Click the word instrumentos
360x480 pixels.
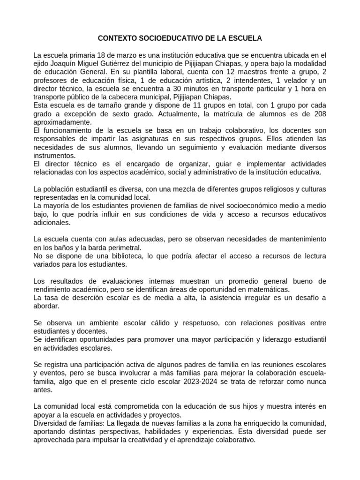tap(54, 155)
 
